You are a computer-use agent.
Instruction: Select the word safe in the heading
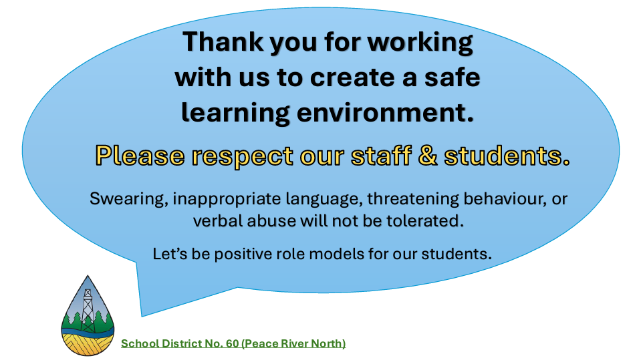point(452,77)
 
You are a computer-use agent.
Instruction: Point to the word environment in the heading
point(385,113)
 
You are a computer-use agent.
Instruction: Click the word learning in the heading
point(235,113)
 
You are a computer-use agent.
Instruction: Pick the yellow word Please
point(140,156)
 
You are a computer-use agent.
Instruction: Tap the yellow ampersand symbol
point(428,156)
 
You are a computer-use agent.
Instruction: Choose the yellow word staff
point(381,156)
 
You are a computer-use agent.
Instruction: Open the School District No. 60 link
point(233,344)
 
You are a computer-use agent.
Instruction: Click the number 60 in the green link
point(232,344)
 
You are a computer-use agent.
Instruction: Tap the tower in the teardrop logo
point(88,310)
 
